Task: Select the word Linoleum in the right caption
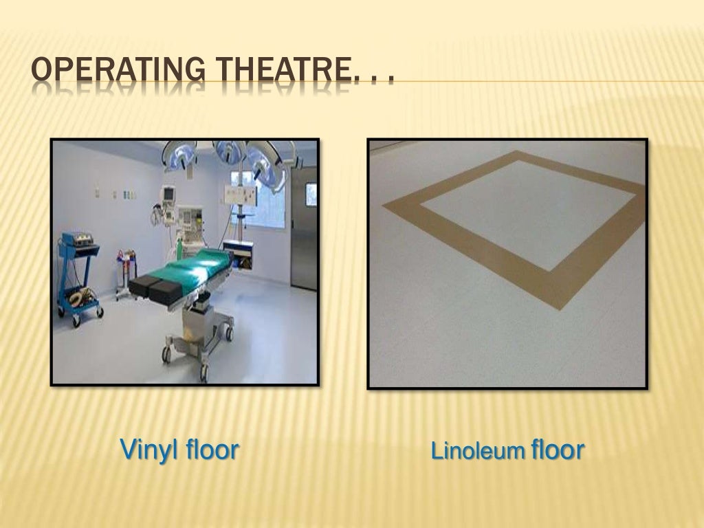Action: [x=478, y=452]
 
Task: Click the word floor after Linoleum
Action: [x=558, y=450]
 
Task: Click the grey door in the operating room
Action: [x=303, y=227]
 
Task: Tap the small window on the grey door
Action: [x=311, y=194]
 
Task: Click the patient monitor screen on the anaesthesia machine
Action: [x=169, y=195]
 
